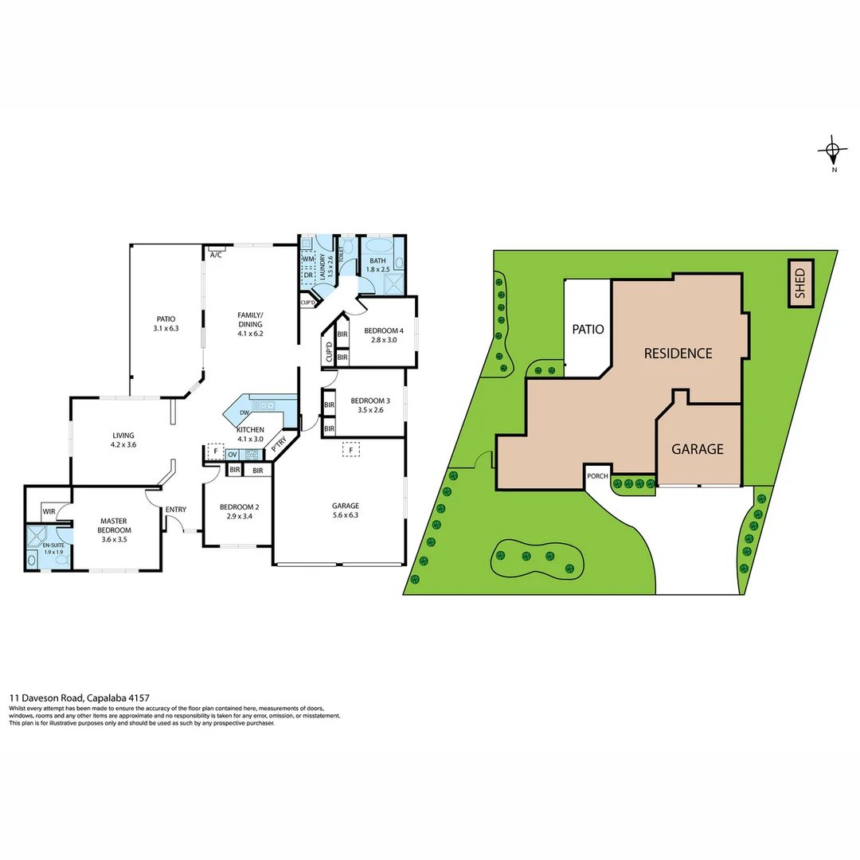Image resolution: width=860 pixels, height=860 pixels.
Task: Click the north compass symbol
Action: (833, 150)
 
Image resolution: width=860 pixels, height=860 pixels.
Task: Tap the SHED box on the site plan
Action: (800, 283)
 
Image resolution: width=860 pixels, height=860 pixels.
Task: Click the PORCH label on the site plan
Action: (597, 476)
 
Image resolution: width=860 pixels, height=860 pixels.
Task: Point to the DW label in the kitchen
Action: (245, 413)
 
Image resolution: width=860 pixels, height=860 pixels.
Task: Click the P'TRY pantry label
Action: (279, 447)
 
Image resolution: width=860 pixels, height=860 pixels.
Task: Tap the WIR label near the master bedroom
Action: (49, 511)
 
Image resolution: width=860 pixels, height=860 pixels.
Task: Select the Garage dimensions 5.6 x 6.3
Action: (346, 515)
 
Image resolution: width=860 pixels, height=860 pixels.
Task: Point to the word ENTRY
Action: (175, 510)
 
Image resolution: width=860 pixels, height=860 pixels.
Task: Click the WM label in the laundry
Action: (308, 260)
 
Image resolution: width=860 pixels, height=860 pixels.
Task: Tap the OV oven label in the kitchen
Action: (233, 455)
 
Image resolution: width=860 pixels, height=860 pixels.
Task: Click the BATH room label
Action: (377, 260)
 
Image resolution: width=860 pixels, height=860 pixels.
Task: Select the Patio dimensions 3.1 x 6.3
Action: (166, 328)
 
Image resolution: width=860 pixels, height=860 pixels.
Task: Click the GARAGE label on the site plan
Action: (698, 449)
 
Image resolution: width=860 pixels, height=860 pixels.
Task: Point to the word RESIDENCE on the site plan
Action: (678, 354)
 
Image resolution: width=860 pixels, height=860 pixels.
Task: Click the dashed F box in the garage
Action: (348, 450)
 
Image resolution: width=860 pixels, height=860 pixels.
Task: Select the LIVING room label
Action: (123, 435)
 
